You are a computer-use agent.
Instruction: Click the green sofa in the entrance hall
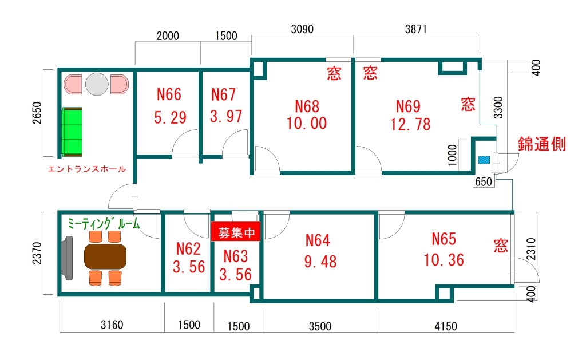tap(72, 132)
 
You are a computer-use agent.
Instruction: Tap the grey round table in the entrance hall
tap(96, 84)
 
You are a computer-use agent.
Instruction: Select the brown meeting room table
tap(105, 256)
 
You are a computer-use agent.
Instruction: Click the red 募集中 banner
tap(235, 232)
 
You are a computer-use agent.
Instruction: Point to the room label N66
tap(169, 94)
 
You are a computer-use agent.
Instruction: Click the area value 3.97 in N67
tap(225, 116)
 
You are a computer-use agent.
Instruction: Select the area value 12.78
tap(410, 124)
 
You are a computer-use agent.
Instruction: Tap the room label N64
tap(318, 240)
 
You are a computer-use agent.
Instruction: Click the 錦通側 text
tap(541, 144)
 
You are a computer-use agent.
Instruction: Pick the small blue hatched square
tap(484, 160)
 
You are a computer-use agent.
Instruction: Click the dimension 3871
tap(415, 29)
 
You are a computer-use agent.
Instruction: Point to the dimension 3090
tap(302, 29)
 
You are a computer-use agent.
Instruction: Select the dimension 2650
tap(37, 113)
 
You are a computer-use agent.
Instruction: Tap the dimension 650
tap(484, 181)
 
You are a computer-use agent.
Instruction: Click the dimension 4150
tap(445, 326)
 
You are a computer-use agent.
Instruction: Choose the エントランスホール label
tap(87, 169)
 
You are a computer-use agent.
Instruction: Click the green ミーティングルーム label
tap(104, 224)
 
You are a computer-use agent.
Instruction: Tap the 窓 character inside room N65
tap(501, 246)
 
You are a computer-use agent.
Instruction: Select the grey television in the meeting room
tap(68, 258)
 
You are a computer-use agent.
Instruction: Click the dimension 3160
tap(112, 325)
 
